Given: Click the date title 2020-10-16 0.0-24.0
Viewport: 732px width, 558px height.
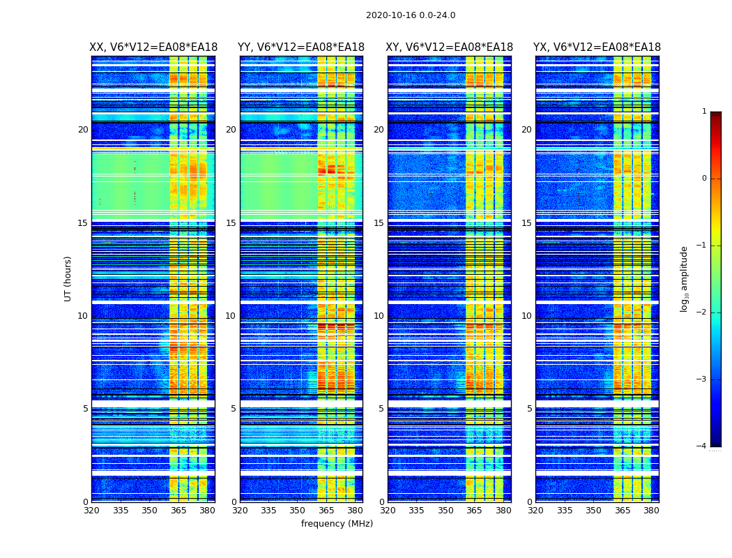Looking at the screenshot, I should point(411,15).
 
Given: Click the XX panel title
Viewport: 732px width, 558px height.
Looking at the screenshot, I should point(153,47).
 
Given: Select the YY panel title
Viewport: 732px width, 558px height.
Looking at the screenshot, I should point(301,47).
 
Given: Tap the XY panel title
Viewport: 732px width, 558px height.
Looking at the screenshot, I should point(450,47).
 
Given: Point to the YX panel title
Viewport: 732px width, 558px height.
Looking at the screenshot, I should point(597,47).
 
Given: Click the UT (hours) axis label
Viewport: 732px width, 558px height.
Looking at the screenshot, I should point(68,278).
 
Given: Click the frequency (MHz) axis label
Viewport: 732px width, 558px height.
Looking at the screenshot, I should point(337,524).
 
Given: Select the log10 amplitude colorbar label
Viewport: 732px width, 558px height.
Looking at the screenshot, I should point(685,278).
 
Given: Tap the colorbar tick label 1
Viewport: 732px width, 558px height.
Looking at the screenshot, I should point(704,112).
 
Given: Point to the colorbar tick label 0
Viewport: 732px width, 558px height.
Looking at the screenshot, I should point(704,179).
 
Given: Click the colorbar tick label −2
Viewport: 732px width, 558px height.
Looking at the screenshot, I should point(703,312).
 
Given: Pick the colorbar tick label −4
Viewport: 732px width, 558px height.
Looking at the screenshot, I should point(703,446).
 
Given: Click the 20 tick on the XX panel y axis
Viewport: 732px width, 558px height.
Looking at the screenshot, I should point(83,130).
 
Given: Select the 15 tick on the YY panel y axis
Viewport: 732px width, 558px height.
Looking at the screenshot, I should point(231,223).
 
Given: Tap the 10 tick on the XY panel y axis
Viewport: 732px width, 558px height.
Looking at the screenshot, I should point(379,316).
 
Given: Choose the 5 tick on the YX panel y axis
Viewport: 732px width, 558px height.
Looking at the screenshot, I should point(529,409).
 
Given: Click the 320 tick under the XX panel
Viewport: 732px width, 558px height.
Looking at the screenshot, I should point(91,511).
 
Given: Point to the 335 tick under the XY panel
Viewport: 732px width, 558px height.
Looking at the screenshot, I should point(417,511).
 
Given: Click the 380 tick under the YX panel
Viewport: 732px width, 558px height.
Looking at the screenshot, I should point(651,511).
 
